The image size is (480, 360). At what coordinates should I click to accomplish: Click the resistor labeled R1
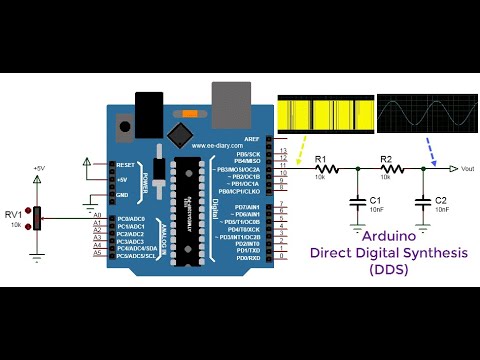click(x=321, y=170)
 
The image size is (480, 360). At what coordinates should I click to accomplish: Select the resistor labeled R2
click(x=385, y=170)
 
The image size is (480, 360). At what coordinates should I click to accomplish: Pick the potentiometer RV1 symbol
click(x=37, y=218)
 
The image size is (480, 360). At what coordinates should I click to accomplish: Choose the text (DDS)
click(x=397, y=270)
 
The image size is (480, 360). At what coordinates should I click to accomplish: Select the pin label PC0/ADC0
click(x=130, y=218)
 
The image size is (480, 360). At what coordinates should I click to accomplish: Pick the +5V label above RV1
click(x=38, y=167)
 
